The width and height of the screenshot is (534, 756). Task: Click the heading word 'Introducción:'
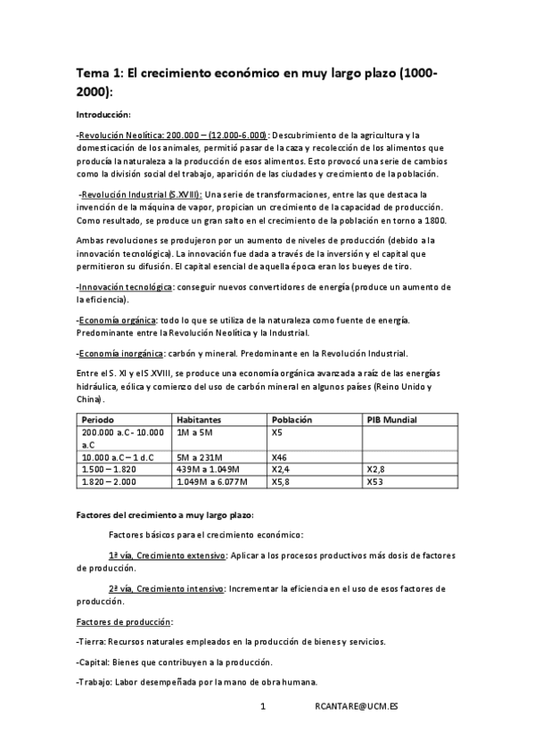pos(103,115)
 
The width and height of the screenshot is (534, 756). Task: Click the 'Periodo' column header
pos(99,419)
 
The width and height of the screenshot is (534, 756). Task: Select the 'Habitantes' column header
pos(199,419)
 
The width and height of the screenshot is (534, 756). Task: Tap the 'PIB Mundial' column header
pos(392,419)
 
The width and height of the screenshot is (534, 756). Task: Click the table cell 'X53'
pos(375,482)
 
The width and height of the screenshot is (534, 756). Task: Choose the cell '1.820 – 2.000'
pos(111,482)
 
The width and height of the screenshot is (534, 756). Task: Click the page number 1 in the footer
pos(263,707)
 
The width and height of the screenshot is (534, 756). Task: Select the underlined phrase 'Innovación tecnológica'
pos(126,287)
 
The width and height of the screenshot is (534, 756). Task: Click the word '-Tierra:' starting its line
pos(93,642)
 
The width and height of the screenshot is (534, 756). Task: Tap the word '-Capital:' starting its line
pos(95,662)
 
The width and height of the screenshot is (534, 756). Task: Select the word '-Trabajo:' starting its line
pos(96,682)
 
